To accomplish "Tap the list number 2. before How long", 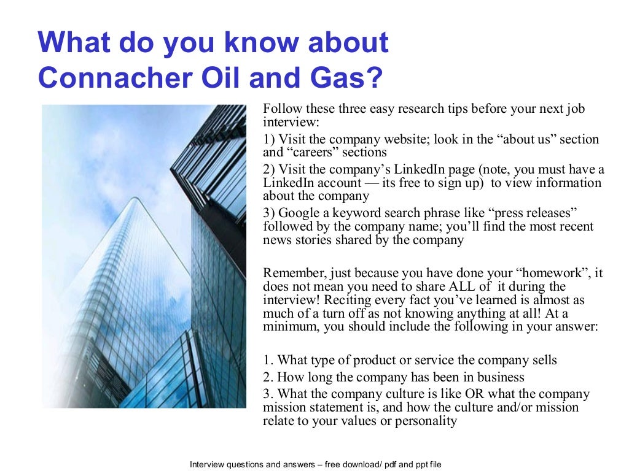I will click(268, 377).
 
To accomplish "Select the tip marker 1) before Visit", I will click(268, 139).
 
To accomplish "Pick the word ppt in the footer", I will click(410, 464).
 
